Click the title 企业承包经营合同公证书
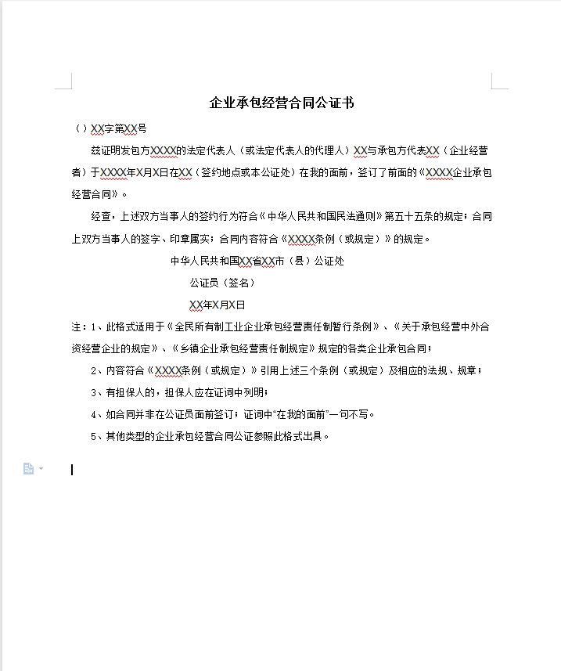coord(282,103)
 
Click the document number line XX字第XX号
coord(110,128)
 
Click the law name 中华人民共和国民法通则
coord(321,217)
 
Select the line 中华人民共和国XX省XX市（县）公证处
coord(257,261)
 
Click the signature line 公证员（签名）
coord(222,283)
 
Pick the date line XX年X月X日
coord(217,305)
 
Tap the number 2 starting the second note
coord(94,370)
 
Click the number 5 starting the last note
coord(94,436)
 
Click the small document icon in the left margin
coord(29,469)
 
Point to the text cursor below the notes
coord(72,470)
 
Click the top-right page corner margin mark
coord(498,81)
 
